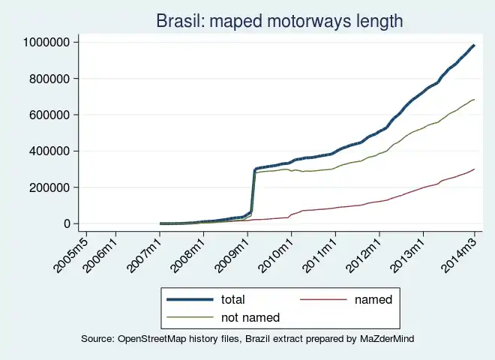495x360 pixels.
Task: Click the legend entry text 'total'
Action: tap(233, 300)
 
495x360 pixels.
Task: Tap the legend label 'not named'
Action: tap(250, 318)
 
